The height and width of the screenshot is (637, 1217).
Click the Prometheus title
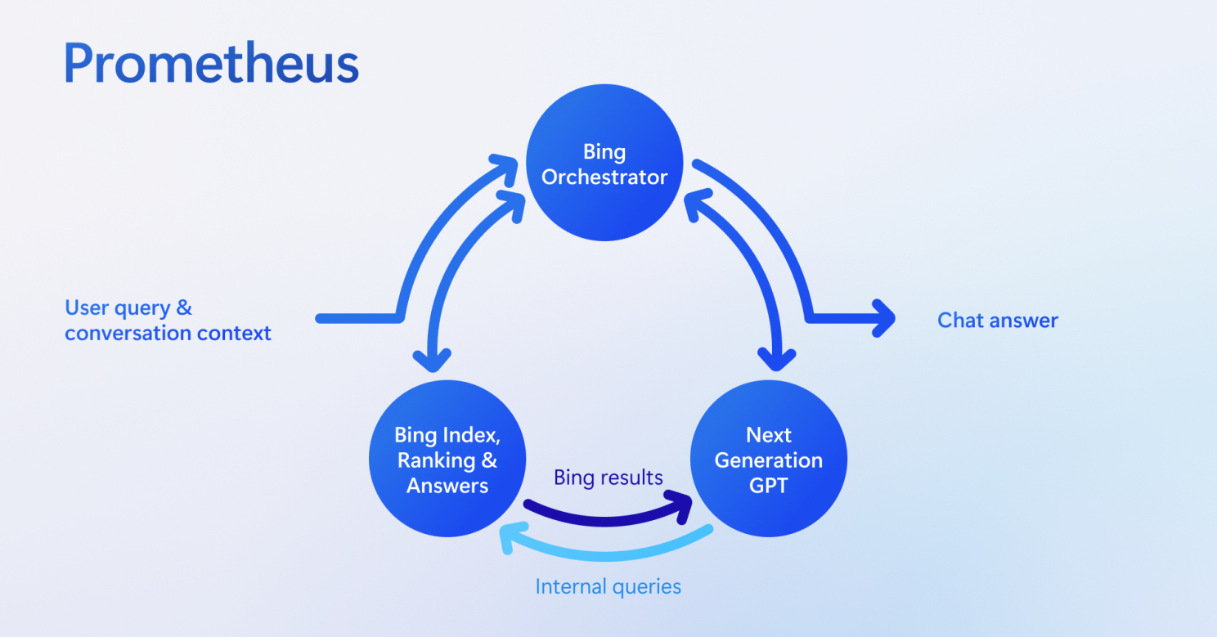tap(211, 64)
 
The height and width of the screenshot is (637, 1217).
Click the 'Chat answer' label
tap(997, 320)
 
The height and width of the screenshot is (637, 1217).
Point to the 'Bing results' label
tap(608, 478)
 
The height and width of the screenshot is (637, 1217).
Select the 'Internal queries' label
tap(608, 586)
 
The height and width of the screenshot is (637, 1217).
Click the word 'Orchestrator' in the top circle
tap(604, 177)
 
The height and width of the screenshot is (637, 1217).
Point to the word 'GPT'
tap(769, 485)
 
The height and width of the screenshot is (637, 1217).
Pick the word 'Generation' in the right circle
tap(769, 460)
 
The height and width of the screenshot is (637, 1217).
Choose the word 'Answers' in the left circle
tap(447, 486)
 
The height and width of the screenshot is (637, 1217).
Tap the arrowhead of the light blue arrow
tap(510, 540)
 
